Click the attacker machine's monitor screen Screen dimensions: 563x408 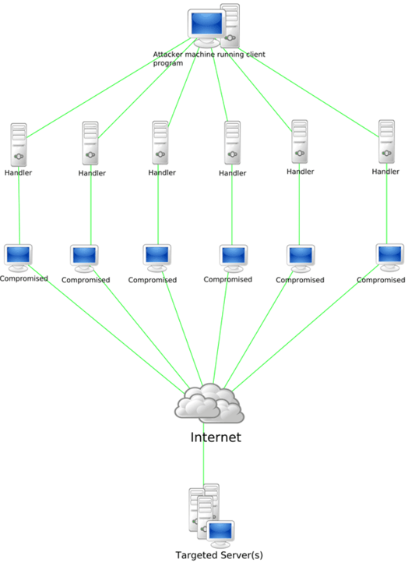pyautogui.click(x=204, y=26)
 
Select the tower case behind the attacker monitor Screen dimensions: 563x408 pyautogui.click(x=230, y=23)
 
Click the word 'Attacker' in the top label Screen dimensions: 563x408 pyautogui.click(x=170, y=55)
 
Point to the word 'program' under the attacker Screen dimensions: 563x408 pyautogui.click(x=168, y=63)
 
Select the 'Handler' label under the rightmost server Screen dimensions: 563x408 pyautogui.click(x=386, y=171)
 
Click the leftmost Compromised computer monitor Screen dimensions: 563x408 pyautogui.click(x=18, y=256)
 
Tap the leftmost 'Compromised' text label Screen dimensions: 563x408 pyautogui.click(x=23, y=278)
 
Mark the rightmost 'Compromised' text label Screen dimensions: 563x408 pyautogui.click(x=381, y=278)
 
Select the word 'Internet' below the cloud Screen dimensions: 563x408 pyautogui.click(x=216, y=437)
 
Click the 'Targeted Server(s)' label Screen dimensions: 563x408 pyautogui.click(x=219, y=554)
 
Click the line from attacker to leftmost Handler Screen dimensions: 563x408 pyautogui.click(x=109, y=82)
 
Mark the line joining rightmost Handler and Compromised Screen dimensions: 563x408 pyautogui.click(x=387, y=211)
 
